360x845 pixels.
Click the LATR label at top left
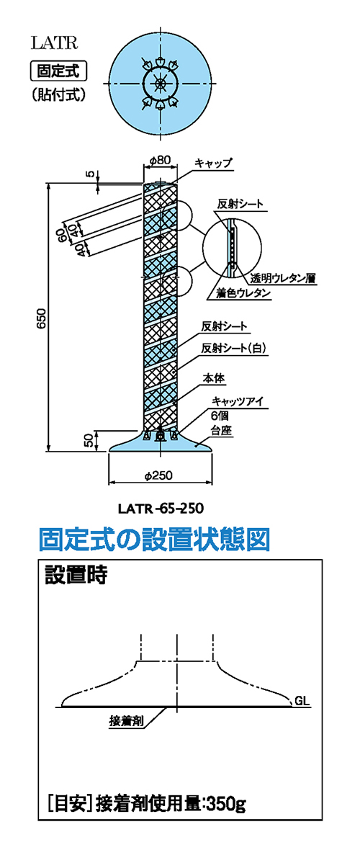point(54,43)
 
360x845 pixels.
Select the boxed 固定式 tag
point(58,70)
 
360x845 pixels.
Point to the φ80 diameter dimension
point(160,159)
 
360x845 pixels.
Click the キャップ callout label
point(213,163)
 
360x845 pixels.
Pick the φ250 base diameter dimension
point(160,476)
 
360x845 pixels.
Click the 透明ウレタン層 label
point(283,279)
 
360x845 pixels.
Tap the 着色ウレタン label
point(239,294)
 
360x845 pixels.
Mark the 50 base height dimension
point(87,441)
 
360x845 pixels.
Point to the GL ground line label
point(303,701)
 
